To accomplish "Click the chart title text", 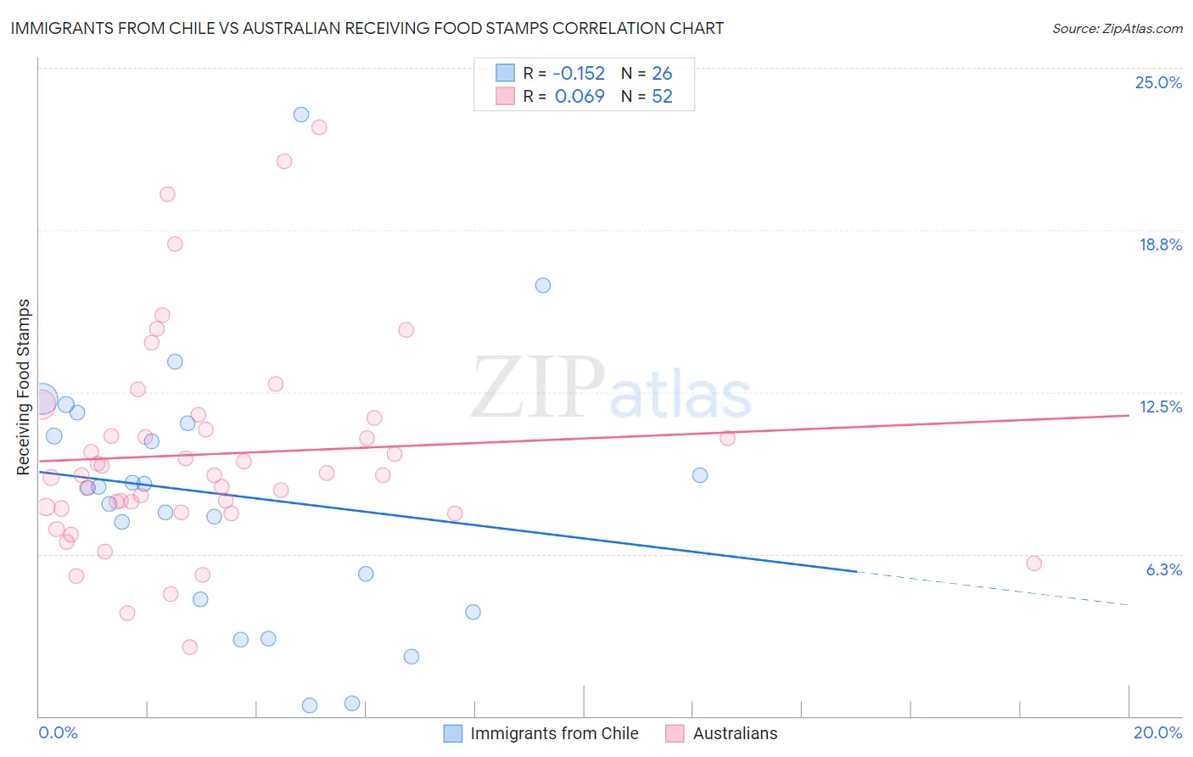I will [x=367, y=28].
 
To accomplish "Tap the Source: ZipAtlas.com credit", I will [x=1117, y=28].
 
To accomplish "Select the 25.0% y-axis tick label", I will [x=1158, y=82].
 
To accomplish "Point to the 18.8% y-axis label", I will [x=1160, y=244].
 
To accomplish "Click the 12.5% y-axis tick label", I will [x=1160, y=407].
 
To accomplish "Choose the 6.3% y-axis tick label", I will [x=1163, y=569].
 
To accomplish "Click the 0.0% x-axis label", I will [x=58, y=732].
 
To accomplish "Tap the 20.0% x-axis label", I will [x=1157, y=732].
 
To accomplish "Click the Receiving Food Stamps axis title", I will [x=24, y=387].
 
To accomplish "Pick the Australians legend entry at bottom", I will [x=734, y=733].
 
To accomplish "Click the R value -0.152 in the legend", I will [x=580, y=73].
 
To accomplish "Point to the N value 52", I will [x=662, y=97].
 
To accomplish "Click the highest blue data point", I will [x=301, y=115].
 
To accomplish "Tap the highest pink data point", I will [x=319, y=127].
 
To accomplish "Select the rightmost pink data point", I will [x=1033, y=564].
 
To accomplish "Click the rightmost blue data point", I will [x=700, y=475].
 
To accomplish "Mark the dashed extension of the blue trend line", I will [x=993, y=588].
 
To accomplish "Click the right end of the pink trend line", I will [x=1128, y=415].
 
